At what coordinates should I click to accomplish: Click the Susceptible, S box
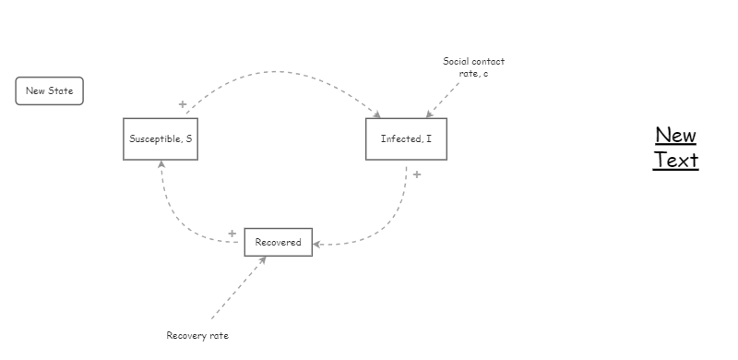tap(161, 139)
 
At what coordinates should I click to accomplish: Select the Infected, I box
tap(406, 139)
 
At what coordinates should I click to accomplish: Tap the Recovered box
tap(278, 242)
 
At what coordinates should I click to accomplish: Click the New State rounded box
tap(49, 90)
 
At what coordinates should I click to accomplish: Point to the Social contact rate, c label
tap(473, 67)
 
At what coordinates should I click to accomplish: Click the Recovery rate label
tap(197, 335)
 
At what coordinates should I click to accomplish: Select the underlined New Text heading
tap(675, 148)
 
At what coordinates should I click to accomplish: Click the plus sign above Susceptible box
tap(183, 104)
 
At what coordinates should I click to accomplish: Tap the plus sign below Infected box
tap(417, 174)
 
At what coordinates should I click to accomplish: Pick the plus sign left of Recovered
tap(232, 234)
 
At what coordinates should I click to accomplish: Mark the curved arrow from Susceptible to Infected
tap(277, 71)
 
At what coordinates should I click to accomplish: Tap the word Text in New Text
tap(675, 160)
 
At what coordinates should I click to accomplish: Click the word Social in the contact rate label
tap(457, 62)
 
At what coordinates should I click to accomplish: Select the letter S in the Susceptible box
tap(189, 139)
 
